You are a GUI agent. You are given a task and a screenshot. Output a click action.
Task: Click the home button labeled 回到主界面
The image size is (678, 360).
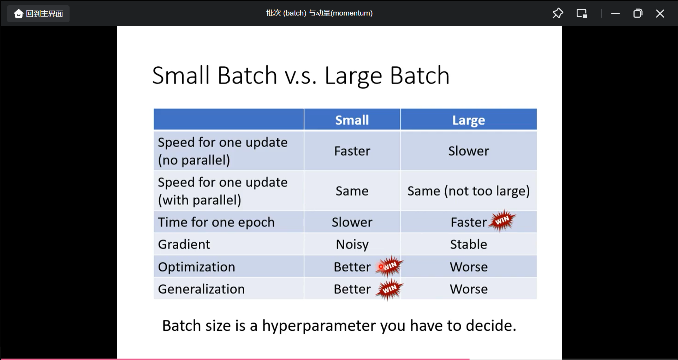[x=38, y=14]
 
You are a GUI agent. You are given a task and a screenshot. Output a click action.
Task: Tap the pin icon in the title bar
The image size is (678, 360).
[x=558, y=13]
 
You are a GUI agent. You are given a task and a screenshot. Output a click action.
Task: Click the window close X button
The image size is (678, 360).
[x=660, y=13]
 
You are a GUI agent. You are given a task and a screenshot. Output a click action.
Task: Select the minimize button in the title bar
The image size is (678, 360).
[x=615, y=13]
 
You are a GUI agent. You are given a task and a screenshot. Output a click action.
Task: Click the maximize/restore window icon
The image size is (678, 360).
[x=638, y=13]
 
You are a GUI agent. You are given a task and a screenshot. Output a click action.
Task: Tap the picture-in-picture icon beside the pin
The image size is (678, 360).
[x=582, y=13]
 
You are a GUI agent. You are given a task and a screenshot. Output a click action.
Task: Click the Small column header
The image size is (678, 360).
[x=352, y=120]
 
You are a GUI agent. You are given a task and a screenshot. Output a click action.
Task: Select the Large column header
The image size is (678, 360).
[x=469, y=120]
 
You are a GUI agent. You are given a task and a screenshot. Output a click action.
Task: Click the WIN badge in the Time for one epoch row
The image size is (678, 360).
[x=502, y=221]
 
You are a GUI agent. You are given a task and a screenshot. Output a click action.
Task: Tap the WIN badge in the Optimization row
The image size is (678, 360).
[x=389, y=266]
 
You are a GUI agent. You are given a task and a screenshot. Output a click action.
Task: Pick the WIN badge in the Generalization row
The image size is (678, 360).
[x=389, y=289]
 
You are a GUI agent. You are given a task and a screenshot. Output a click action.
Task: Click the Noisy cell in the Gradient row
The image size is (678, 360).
[x=352, y=244]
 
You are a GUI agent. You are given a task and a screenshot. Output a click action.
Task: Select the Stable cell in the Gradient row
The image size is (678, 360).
[x=468, y=244]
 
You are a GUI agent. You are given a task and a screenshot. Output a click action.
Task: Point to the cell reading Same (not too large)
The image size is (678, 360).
[x=469, y=191]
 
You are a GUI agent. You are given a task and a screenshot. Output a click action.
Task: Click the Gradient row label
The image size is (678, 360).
[x=184, y=244]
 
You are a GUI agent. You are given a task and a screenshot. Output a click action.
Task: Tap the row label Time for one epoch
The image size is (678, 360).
[x=216, y=222]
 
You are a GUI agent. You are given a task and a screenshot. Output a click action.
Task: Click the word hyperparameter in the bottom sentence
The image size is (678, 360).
[x=319, y=326]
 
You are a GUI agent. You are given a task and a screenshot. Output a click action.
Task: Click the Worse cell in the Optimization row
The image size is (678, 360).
[x=469, y=267]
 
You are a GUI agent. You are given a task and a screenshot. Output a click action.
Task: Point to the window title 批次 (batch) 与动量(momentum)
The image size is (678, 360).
[x=319, y=13]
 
